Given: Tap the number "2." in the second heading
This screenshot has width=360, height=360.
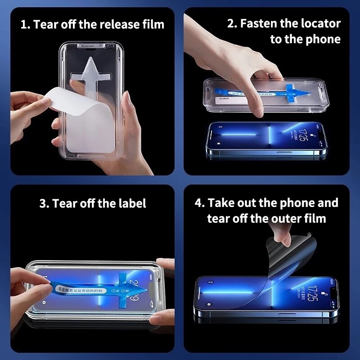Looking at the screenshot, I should [232, 24].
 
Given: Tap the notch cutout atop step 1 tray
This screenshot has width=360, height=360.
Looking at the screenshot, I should [91, 46].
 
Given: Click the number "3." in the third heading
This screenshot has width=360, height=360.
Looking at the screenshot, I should [45, 203].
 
